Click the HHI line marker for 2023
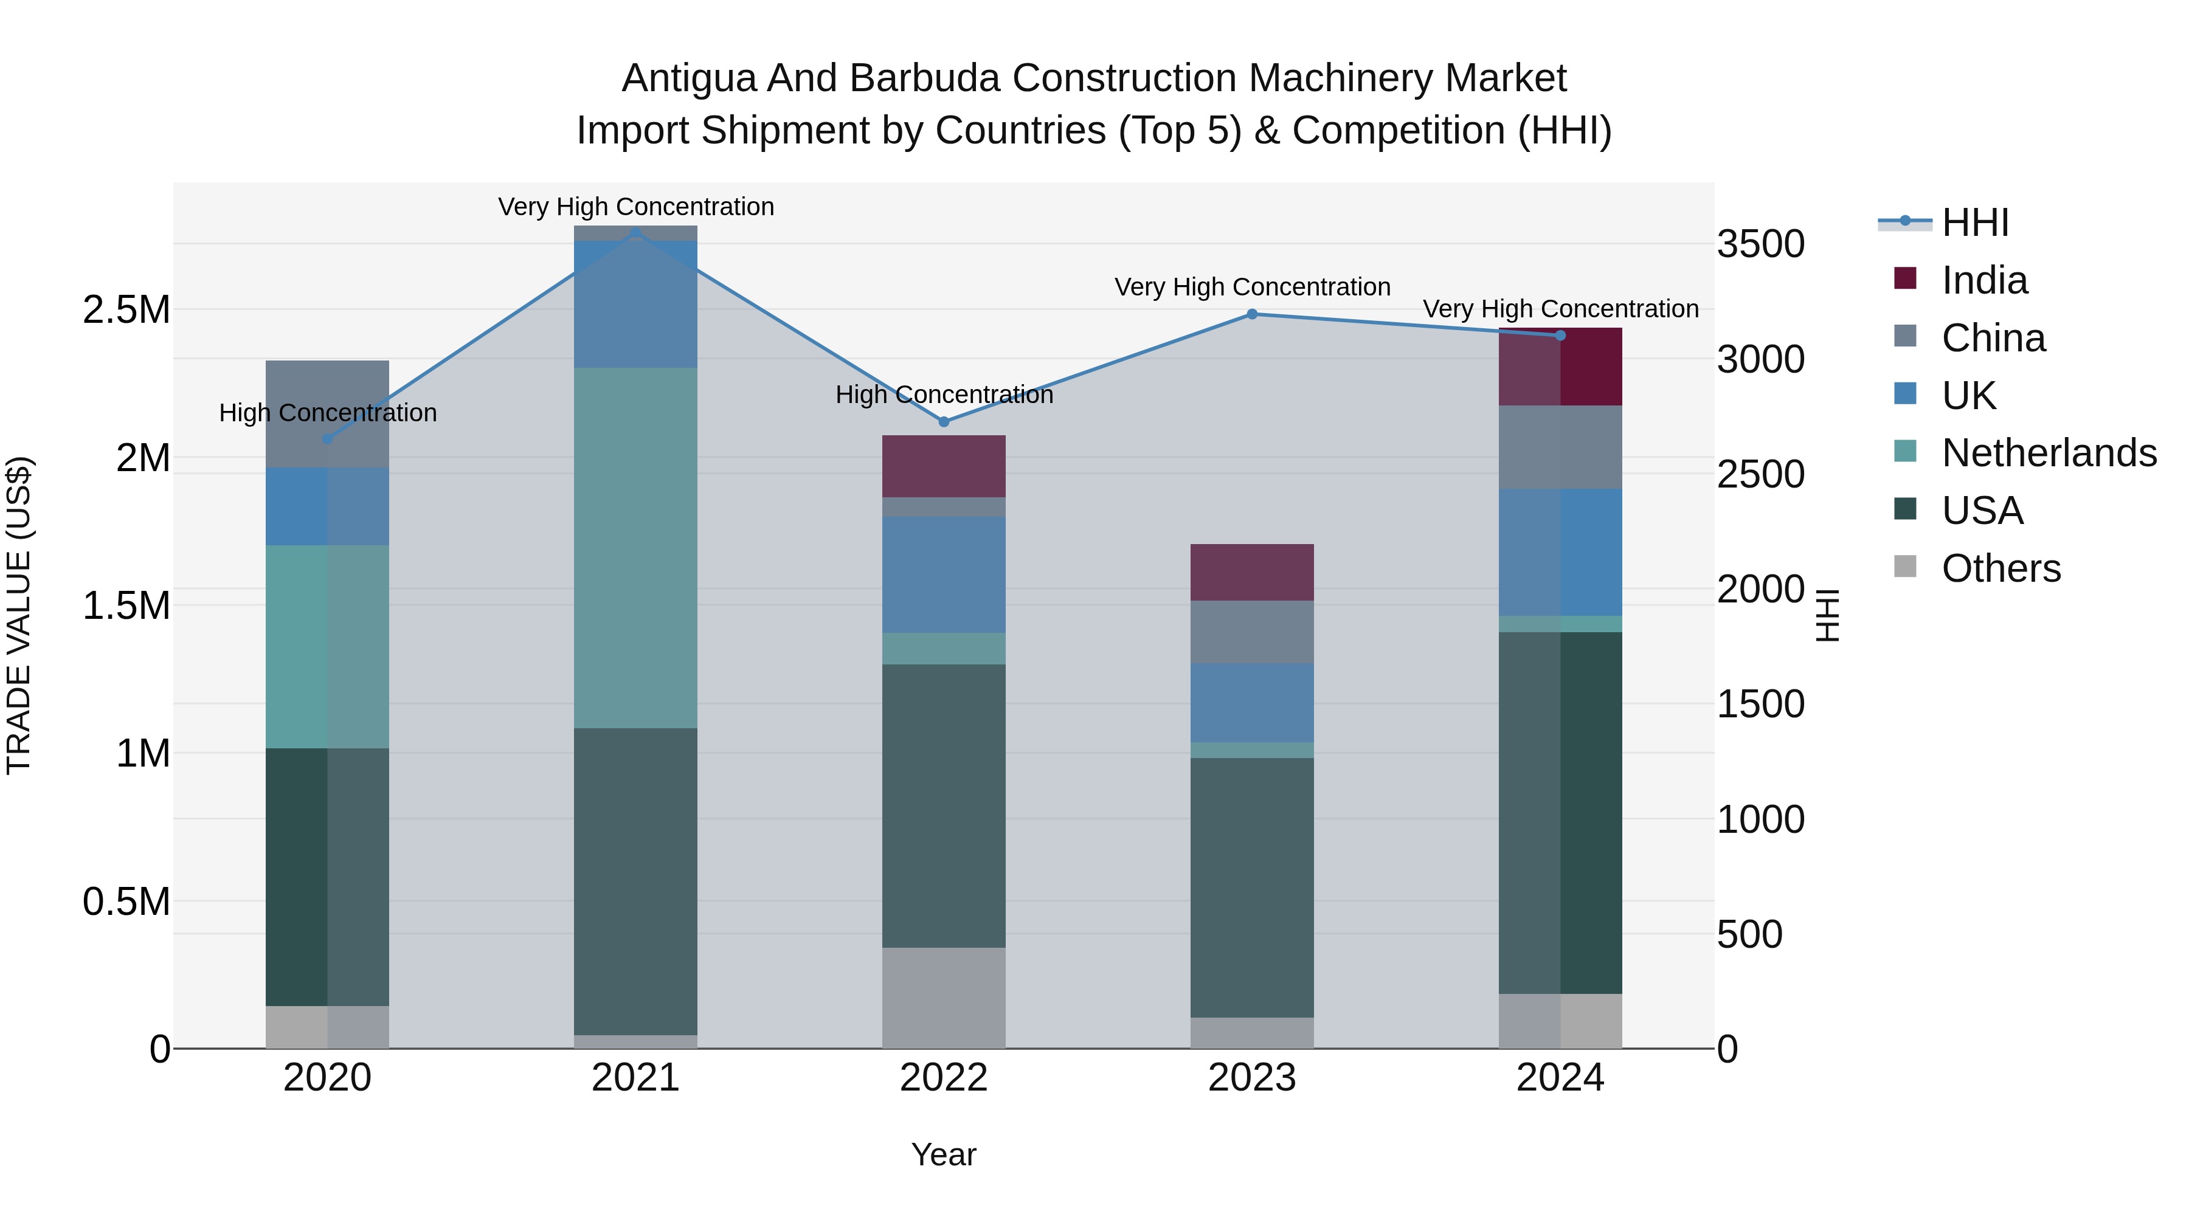[x=1252, y=314]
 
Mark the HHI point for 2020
[x=327, y=440]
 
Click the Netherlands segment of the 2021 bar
[x=635, y=548]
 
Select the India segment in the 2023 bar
[x=1252, y=573]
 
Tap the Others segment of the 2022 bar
[x=943, y=998]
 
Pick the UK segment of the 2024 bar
[x=1560, y=552]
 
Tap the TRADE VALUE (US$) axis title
[x=19, y=615]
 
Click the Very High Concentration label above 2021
[x=635, y=207]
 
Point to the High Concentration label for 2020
[x=327, y=413]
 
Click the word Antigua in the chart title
[x=688, y=79]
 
